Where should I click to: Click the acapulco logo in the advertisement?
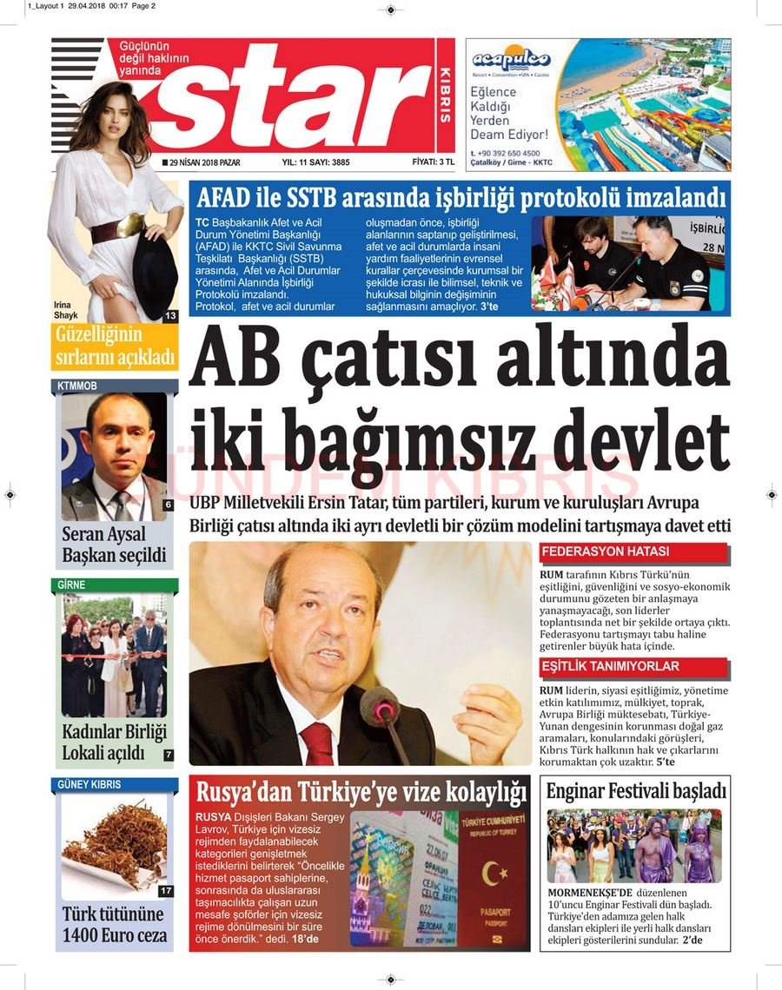[x=511, y=60]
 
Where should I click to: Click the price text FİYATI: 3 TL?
[x=434, y=162]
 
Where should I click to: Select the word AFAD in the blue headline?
[x=229, y=197]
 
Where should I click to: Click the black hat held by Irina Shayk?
[x=155, y=274]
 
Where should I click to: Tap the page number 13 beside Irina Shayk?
[x=169, y=316]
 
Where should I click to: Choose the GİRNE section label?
[x=72, y=585]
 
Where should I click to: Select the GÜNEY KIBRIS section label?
[x=89, y=784]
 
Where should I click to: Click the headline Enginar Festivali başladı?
[x=634, y=792]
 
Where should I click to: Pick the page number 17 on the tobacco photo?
[x=166, y=891]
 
